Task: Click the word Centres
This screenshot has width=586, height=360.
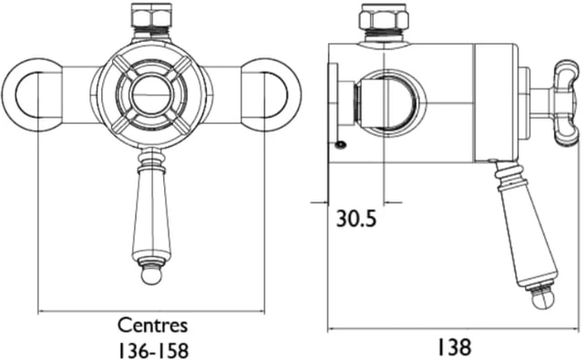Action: click(x=152, y=325)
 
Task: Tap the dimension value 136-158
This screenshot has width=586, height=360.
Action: click(x=153, y=350)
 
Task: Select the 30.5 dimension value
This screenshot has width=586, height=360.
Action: click(x=356, y=219)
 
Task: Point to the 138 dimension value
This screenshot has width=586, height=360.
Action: click(x=454, y=347)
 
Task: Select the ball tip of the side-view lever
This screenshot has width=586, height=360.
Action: click(x=542, y=300)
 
